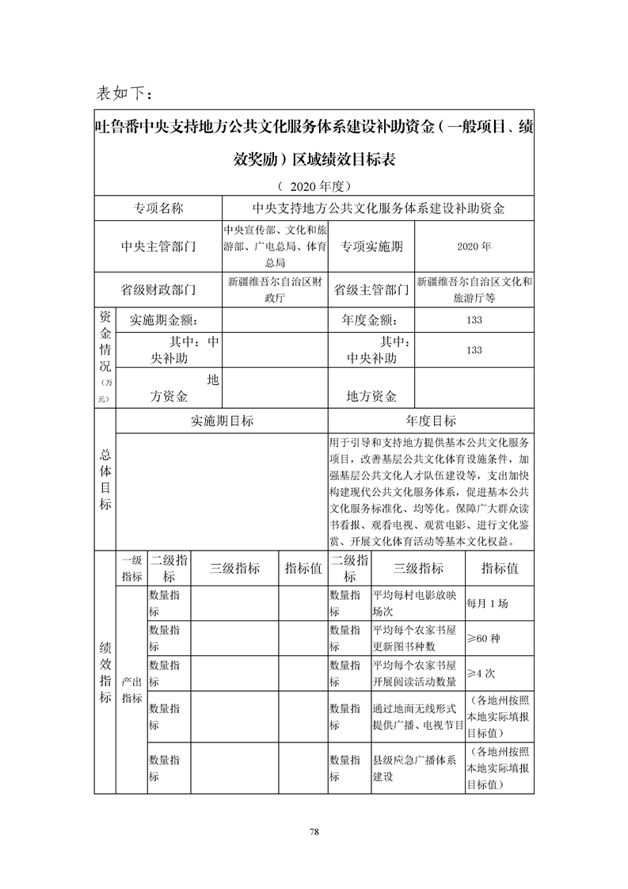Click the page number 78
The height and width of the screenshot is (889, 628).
click(314, 831)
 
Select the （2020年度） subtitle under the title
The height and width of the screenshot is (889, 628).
click(314, 187)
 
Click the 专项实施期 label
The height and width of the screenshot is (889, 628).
click(371, 246)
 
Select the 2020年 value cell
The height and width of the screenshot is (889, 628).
click(474, 246)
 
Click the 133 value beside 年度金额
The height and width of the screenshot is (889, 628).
click(474, 320)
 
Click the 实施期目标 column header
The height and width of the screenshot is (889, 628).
click(222, 421)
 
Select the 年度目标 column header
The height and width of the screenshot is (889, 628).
click(430, 421)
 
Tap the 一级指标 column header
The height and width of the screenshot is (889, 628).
click(131, 569)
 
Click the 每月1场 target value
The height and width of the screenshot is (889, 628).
click(488, 603)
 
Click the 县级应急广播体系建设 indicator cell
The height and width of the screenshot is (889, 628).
click(415, 769)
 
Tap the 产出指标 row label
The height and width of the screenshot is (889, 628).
click(131, 690)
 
